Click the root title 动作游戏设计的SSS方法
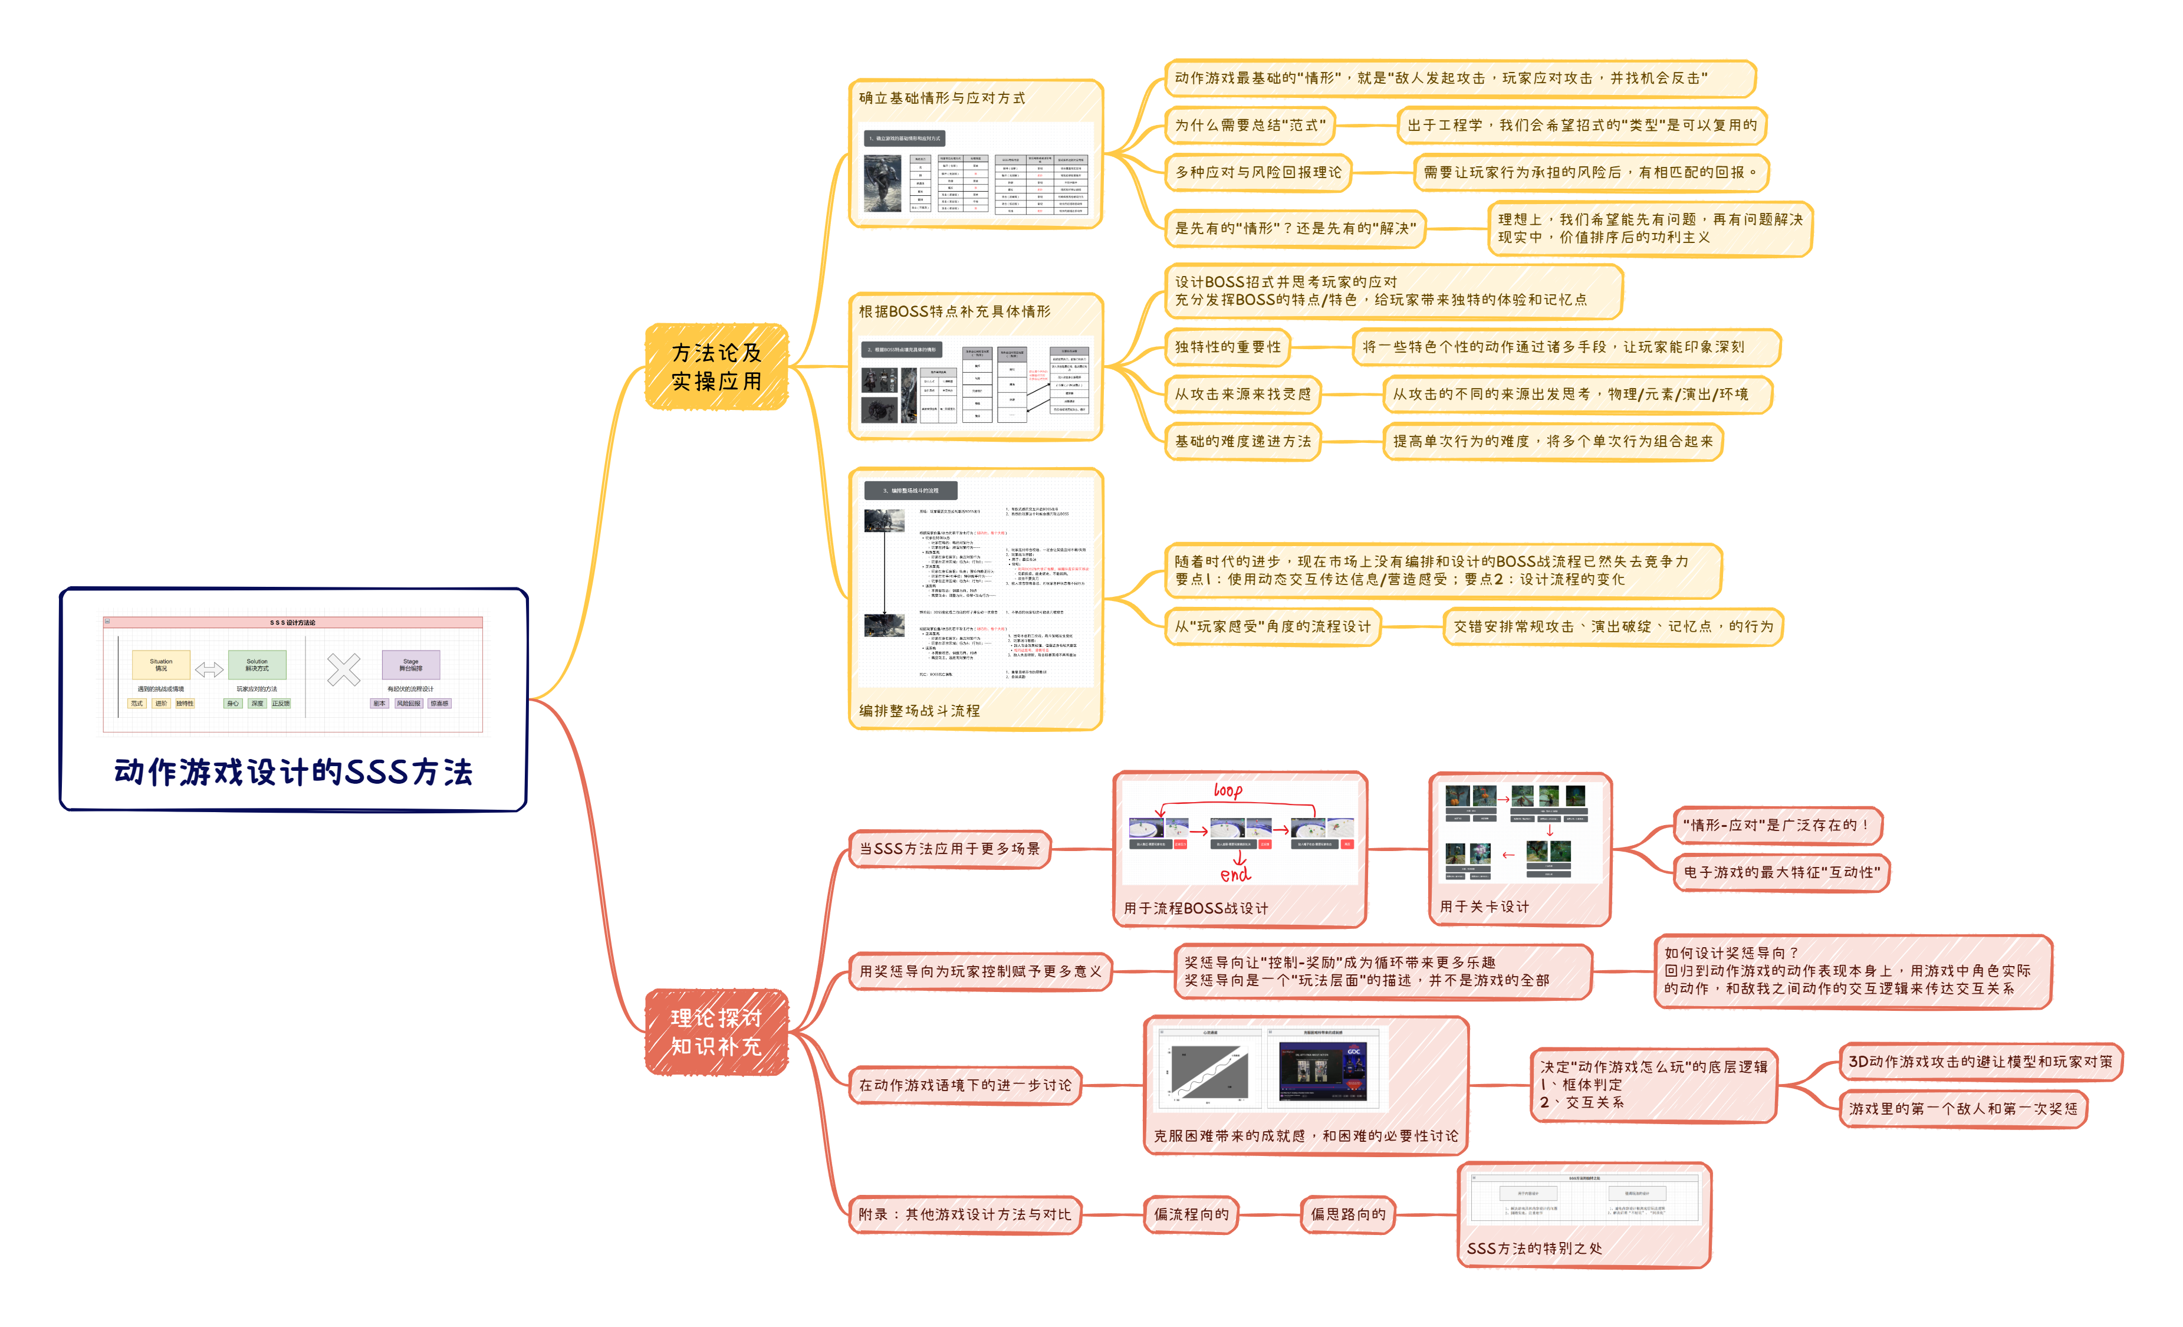(293, 771)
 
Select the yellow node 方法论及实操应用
(716, 367)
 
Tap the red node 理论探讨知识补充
(716, 1032)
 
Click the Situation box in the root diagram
(161, 665)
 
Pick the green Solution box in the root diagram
(257, 665)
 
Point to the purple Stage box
(411, 665)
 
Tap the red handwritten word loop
(1228, 790)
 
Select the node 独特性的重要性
(1227, 347)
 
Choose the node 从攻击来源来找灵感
(1242, 394)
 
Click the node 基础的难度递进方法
(1242, 441)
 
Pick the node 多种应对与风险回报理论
(1257, 173)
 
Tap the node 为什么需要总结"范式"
(1249, 126)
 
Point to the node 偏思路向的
(1347, 1214)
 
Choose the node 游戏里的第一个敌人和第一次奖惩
(1962, 1109)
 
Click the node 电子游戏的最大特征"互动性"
(1781, 872)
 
